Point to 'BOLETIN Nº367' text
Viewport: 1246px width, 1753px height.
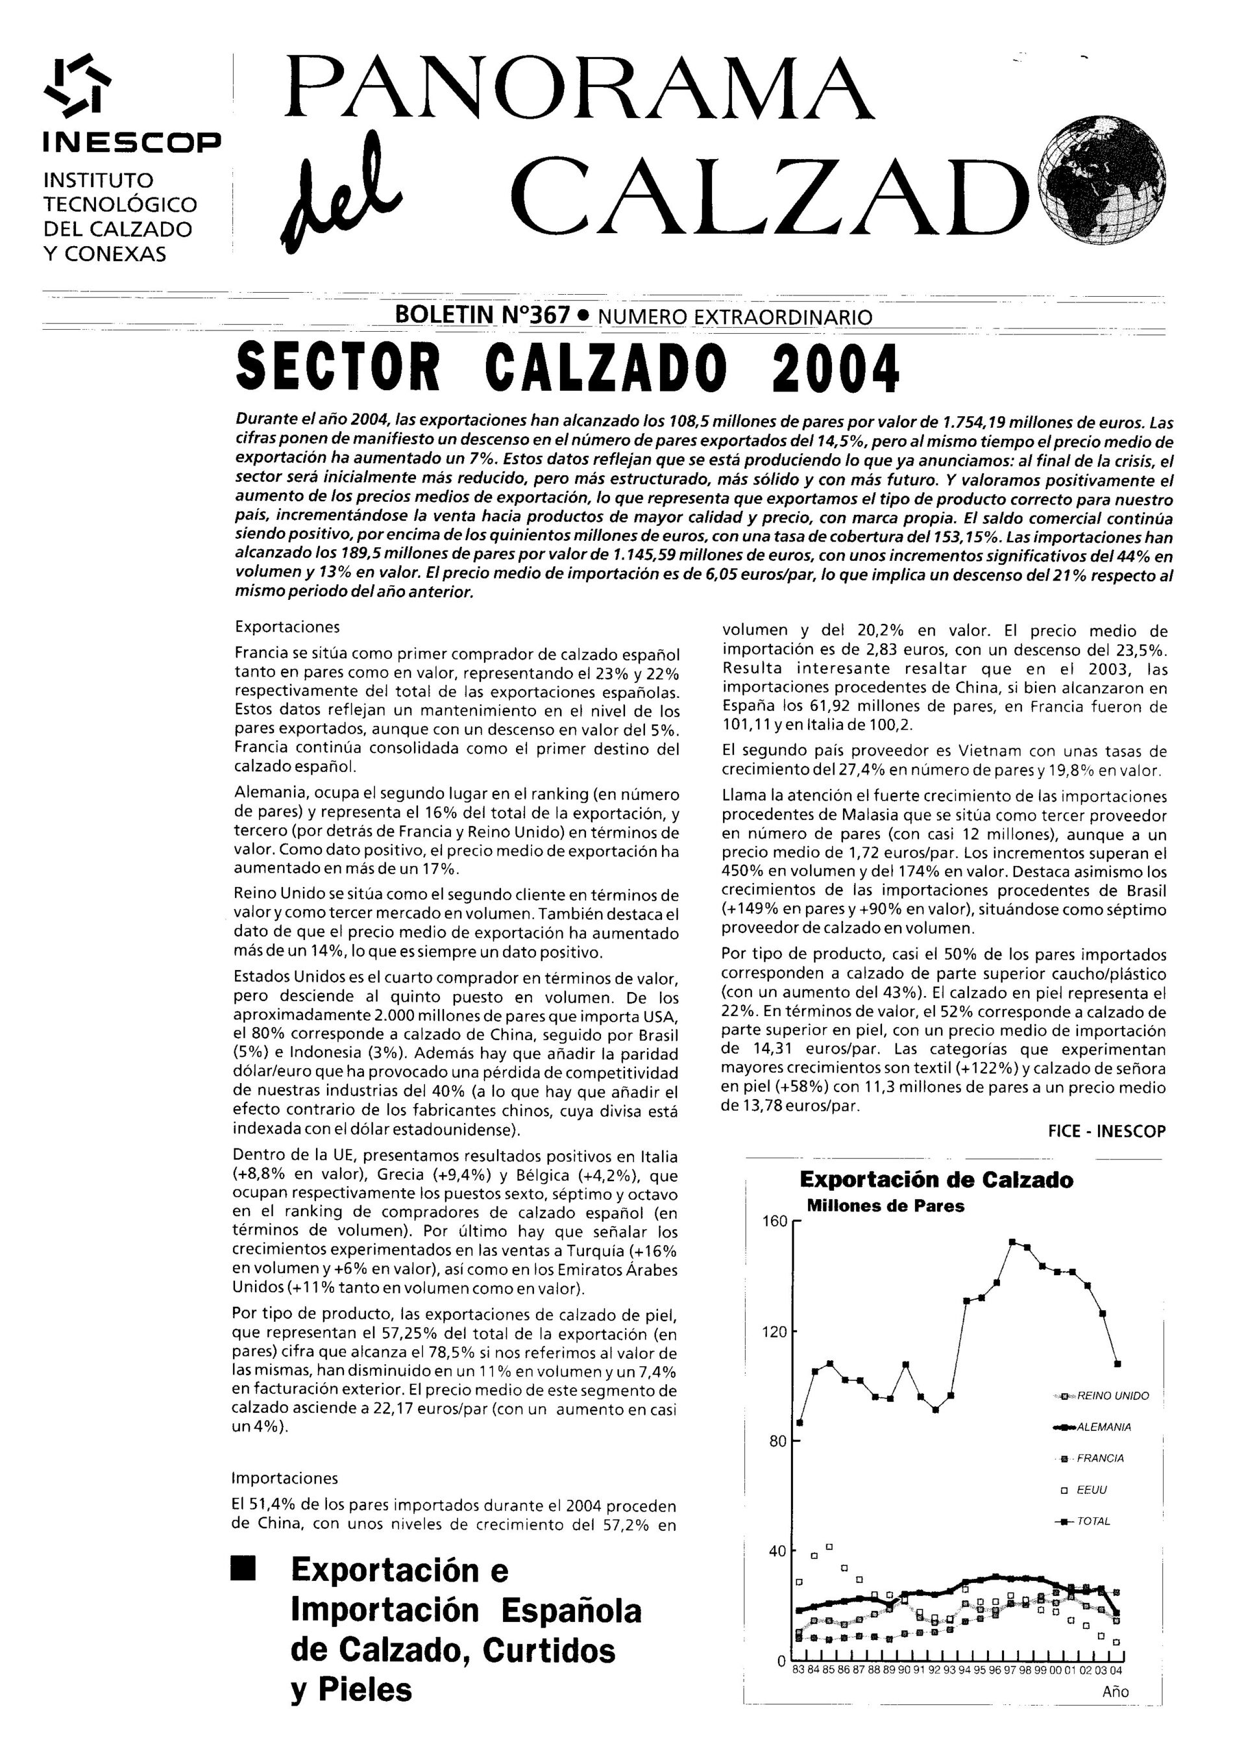click(x=482, y=315)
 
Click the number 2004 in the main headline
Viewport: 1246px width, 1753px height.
click(x=835, y=367)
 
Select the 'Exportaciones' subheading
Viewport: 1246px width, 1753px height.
click(x=287, y=627)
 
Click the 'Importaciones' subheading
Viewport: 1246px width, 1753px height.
click(x=285, y=1478)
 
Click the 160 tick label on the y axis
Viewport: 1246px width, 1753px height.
click(x=774, y=1221)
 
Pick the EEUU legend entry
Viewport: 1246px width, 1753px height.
click(x=1090, y=1490)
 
